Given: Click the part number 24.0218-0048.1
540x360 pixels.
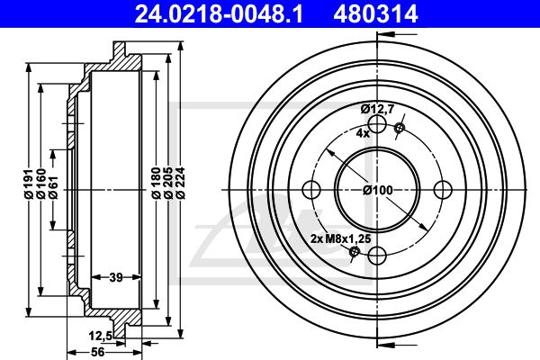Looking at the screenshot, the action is (219, 14).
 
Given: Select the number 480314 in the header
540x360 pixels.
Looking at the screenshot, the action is (375, 14).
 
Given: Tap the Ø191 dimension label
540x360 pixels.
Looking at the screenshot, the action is (29, 183).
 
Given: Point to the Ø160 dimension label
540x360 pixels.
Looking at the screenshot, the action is (41, 183).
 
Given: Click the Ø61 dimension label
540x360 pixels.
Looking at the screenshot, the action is (53, 187).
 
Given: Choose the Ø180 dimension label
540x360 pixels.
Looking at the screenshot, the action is (157, 183).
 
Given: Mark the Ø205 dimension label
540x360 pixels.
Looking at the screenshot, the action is (168, 183).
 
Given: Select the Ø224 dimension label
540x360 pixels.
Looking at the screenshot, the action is (181, 183).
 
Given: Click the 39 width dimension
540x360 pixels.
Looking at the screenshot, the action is (116, 276).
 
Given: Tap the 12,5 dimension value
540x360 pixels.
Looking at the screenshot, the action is (101, 335).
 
